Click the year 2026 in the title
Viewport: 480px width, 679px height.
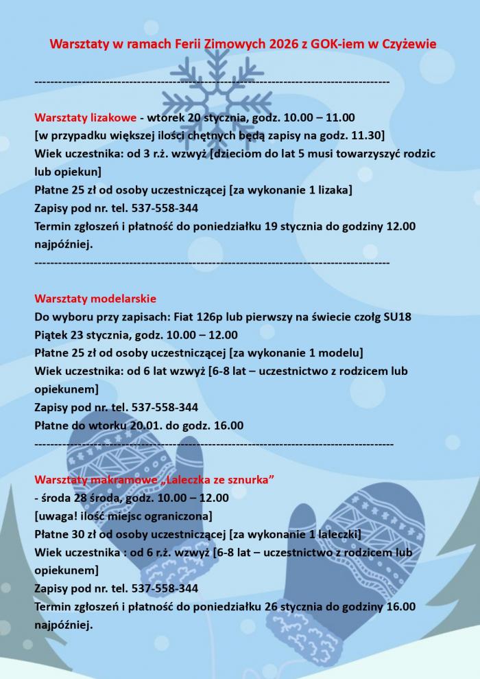coord(290,44)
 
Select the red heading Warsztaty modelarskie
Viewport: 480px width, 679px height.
coord(95,299)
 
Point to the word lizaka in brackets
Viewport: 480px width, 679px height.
coord(331,189)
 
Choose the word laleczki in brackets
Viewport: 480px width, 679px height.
coord(336,534)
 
